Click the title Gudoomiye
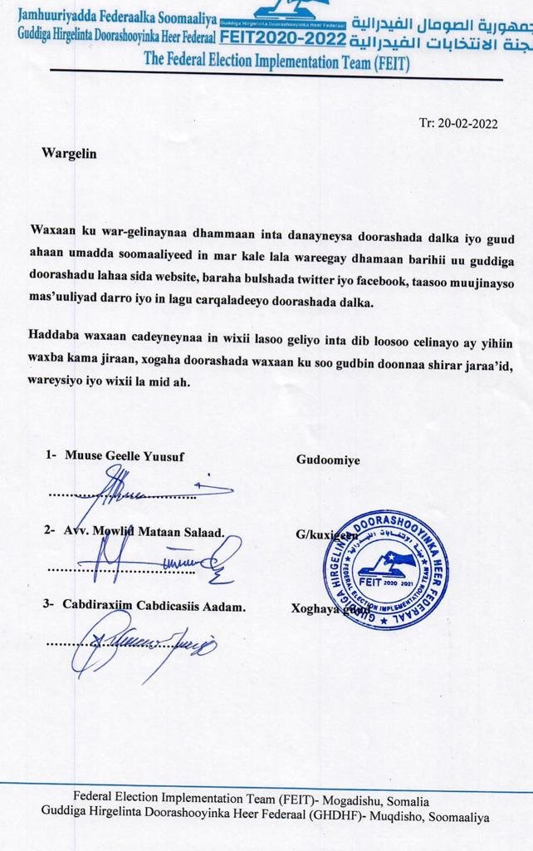point(328,459)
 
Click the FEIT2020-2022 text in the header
point(284,38)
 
